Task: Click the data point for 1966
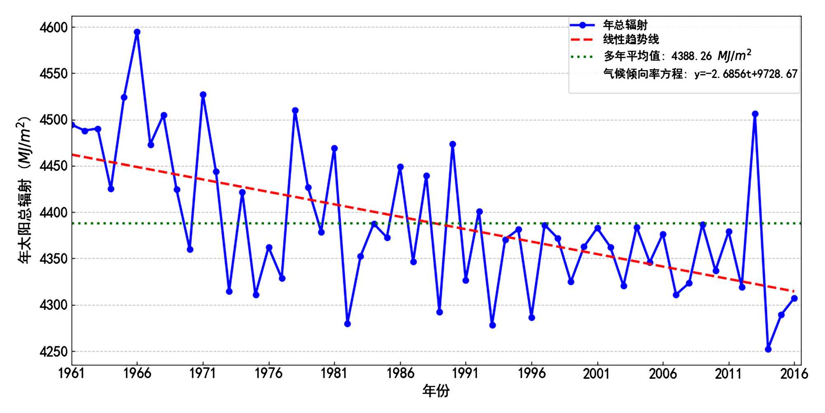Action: tap(137, 32)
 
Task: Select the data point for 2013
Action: tap(755, 114)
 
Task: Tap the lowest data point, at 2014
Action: tap(768, 349)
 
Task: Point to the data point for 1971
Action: tap(203, 95)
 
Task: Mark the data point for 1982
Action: tap(347, 324)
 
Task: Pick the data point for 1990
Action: tap(453, 144)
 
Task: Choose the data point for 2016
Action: tap(794, 298)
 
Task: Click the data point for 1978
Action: tap(295, 111)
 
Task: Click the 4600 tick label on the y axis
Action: tap(53, 28)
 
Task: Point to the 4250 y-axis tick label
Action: tap(53, 352)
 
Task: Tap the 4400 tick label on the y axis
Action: tap(53, 213)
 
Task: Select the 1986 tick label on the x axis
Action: tap(400, 374)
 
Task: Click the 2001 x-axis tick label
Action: tap(597, 374)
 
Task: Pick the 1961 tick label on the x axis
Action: tap(72, 374)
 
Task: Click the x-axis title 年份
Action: tap(436, 391)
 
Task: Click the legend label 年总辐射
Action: tap(625, 25)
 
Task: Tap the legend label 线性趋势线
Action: tap(631, 40)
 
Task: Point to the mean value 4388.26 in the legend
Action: tap(691, 56)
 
